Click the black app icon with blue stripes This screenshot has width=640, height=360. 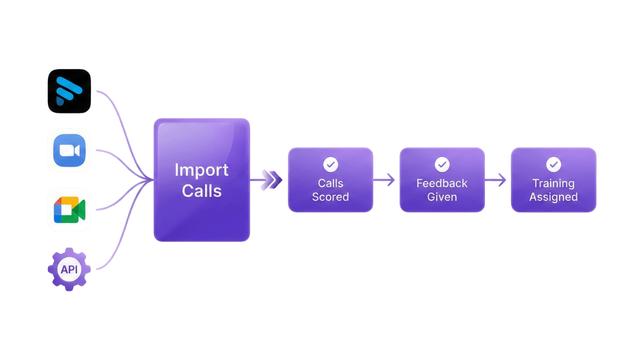69,91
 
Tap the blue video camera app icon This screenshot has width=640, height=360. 69,150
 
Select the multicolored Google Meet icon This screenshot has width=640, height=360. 69,209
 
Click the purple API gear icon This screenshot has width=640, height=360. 69,269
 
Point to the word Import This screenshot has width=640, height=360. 201,170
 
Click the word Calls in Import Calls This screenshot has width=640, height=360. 201,190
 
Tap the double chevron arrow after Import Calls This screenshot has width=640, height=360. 271,179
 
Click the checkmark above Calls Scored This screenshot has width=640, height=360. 330,164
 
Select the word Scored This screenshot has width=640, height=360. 330,197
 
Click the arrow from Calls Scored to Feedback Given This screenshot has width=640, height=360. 385,179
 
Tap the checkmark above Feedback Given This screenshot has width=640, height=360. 442,164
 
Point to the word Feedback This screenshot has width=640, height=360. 442,183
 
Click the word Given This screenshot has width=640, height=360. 442,197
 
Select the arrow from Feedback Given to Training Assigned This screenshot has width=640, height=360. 496,179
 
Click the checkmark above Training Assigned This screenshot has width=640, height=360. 553,164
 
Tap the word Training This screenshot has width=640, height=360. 553,183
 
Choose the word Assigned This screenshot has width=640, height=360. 553,197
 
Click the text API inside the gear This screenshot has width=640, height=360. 69,269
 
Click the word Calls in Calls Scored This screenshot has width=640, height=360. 330,183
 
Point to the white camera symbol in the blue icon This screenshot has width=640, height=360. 69,150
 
